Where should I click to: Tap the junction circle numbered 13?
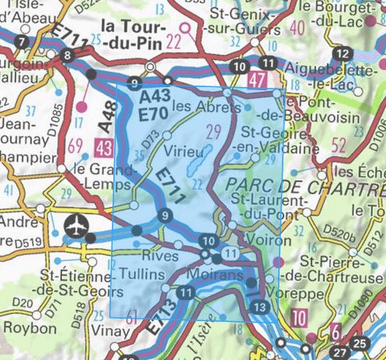coord(260,308)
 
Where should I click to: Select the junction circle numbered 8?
coord(69,55)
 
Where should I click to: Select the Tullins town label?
coord(141,274)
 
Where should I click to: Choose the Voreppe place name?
coord(287,294)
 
